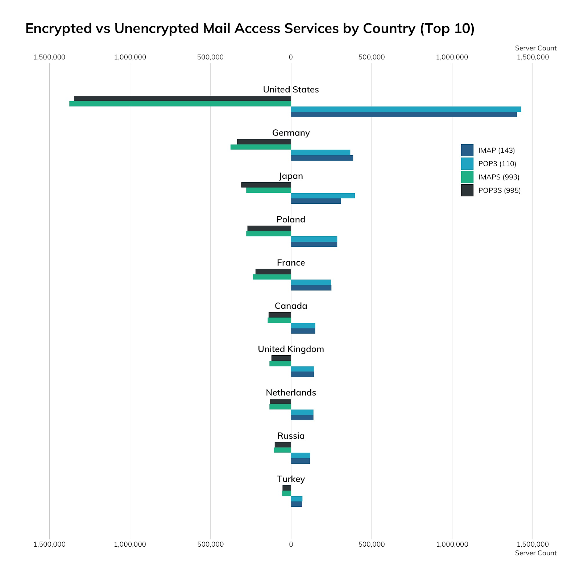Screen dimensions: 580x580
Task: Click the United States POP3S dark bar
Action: [182, 98]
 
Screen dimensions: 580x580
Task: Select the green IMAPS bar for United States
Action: [180, 104]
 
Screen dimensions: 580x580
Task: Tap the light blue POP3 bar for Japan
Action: [323, 196]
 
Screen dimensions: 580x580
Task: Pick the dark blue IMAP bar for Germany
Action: [322, 158]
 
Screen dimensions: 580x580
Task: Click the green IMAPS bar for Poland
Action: [269, 234]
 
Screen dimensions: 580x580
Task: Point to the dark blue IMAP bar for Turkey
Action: [296, 504]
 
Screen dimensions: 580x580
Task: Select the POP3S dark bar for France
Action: [273, 272]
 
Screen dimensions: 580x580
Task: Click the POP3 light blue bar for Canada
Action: [303, 326]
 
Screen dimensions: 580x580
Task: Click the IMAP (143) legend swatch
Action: [467, 150]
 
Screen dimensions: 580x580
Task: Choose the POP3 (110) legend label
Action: [497, 164]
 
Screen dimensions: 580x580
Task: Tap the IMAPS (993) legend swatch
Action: [467, 177]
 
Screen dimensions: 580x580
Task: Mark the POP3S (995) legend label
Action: [499, 191]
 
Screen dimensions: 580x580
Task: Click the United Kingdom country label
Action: [291, 349]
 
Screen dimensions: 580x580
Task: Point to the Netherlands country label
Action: [291, 393]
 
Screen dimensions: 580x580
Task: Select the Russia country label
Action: [291, 436]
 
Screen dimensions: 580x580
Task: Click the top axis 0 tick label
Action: [291, 57]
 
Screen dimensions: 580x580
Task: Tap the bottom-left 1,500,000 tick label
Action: [49, 544]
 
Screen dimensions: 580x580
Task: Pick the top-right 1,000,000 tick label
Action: [452, 57]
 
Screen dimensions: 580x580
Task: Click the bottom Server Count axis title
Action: [535, 553]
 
